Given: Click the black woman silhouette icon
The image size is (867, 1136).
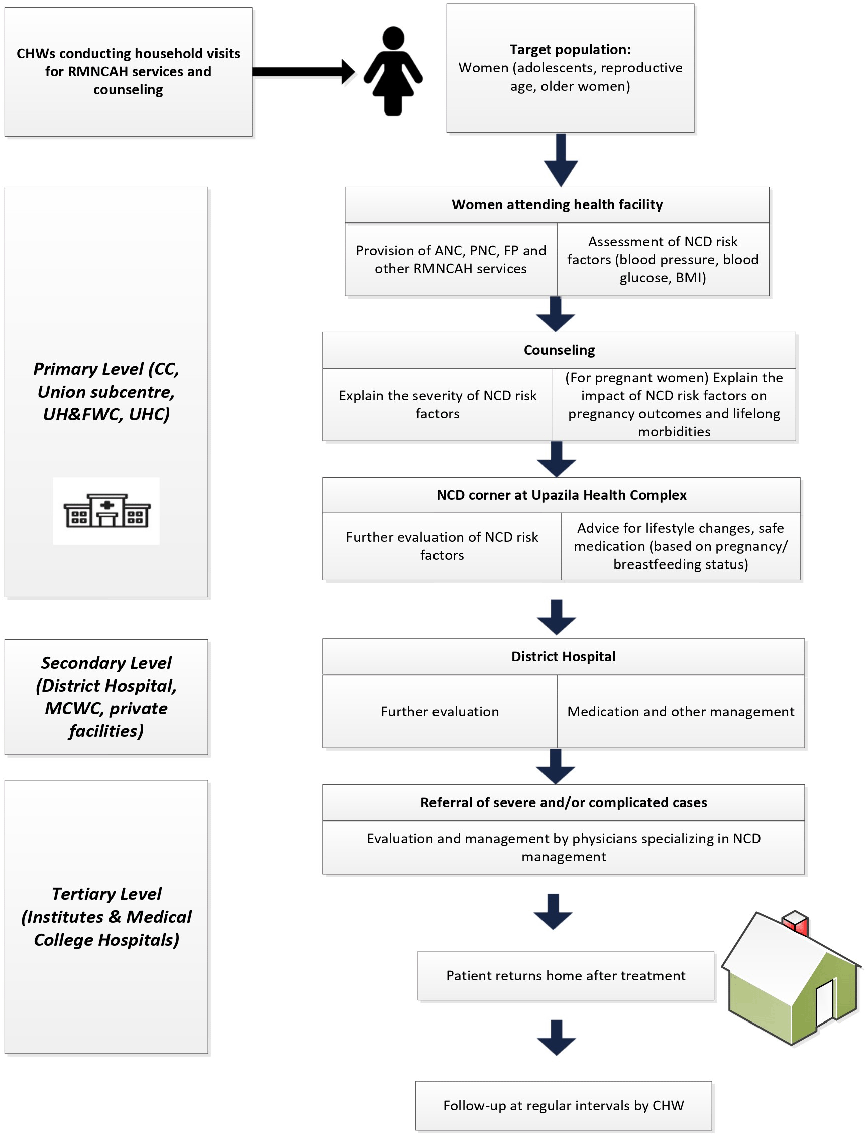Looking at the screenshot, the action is pos(393,71).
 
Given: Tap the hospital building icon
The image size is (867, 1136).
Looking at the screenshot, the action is pos(107,510).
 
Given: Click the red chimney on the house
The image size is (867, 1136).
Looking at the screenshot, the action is pos(795,923).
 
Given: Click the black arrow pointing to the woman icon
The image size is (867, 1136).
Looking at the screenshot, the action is pos(303,71).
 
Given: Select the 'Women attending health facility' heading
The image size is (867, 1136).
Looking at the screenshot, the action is pos(557,205).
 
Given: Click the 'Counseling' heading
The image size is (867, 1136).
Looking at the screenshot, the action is pos(559,350).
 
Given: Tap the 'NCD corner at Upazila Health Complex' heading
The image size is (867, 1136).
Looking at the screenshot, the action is pos(562,495).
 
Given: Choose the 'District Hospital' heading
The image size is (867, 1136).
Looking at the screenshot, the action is pos(564,656).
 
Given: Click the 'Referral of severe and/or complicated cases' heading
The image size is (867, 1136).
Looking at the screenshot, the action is pos(564,802).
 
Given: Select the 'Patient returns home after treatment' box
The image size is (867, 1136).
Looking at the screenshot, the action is pos(566,976).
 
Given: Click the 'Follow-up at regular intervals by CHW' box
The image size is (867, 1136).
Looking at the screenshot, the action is pos(564,1105).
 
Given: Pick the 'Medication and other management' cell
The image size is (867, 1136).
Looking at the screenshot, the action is pos(681,712).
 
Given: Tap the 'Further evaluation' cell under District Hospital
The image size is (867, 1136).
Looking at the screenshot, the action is pos(440,712).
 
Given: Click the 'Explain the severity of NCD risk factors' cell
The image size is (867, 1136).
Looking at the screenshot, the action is pos(438,404).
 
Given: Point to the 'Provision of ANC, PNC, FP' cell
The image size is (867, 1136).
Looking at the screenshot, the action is pos(451,260).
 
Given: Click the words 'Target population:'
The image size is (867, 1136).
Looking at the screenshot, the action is pos(570,50).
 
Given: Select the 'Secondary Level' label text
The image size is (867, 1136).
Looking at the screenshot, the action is pos(106,663).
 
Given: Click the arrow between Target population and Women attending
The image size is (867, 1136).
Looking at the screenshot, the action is pos(561,160).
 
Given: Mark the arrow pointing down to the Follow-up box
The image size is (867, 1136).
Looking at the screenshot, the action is pos(557,1038).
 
